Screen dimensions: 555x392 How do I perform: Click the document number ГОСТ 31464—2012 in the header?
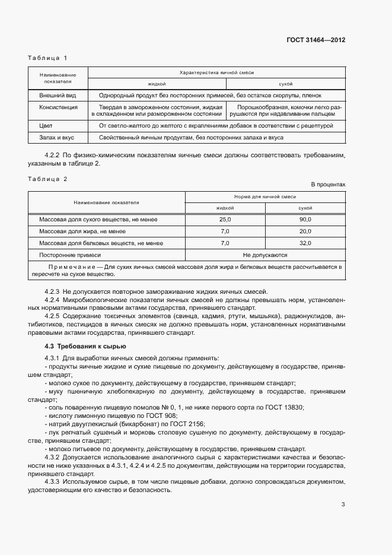[316, 40]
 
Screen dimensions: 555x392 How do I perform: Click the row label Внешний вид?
[57, 95]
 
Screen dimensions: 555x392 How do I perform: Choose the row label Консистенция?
[58, 107]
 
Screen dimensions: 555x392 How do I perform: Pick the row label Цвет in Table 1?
[46, 126]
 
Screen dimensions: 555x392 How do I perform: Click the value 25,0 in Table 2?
[225, 220]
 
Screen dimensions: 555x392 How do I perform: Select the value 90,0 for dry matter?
[305, 220]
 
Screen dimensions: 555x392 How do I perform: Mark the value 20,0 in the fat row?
[305, 231]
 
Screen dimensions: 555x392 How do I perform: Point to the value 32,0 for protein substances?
[305, 243]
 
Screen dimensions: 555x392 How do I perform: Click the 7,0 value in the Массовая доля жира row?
[225, 231]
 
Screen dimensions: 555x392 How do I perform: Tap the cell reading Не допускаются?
[265, 255]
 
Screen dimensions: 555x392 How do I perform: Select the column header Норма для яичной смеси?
[265, 196]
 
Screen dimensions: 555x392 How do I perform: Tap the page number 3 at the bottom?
[343, 505]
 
